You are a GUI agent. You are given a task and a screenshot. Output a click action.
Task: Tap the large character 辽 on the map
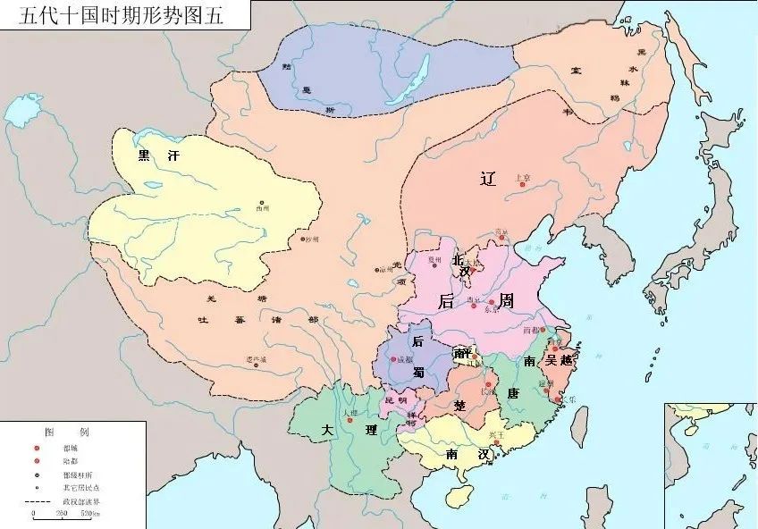[487, 178]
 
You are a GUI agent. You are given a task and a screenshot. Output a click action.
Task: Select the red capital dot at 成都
[395, 361]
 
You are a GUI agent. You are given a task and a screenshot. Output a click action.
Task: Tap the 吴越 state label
[563, 360]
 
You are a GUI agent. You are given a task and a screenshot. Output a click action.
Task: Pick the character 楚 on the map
[459, 405]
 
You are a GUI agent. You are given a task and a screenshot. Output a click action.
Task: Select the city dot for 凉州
[376, 269]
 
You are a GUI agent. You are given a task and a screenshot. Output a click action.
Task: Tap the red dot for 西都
[542, 330]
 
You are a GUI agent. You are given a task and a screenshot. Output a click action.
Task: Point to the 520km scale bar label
[90, 515]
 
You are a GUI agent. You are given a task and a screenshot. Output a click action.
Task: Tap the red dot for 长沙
[488, 385]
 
